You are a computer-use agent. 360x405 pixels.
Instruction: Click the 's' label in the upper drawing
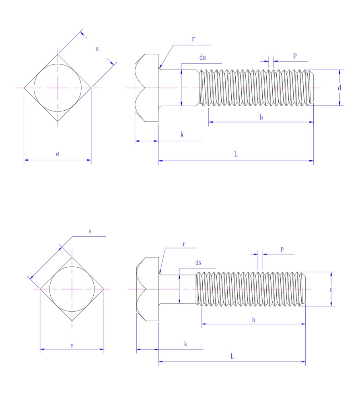tap(97, 49)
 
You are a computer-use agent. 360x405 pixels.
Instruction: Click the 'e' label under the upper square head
tap(58, 154)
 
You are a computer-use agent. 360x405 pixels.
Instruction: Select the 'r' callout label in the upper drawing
tap(193, 39)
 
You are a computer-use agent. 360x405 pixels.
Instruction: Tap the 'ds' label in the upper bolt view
tap(203, 58)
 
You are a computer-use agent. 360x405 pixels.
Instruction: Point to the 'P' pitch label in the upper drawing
tap(295, 56)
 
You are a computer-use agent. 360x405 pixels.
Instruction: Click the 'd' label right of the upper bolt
tap(339, 88)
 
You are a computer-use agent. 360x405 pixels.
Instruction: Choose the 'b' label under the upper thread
tap(261, 117)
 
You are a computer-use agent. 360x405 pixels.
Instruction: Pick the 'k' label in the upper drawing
tap(182, 135)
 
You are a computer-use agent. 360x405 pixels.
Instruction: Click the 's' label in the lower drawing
tap(90, 231)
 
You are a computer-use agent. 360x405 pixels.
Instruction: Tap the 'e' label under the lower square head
tap(72, 345)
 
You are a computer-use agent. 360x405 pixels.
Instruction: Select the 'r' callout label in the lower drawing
tap(184, 244)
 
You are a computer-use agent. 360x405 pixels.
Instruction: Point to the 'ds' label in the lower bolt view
tap(198, 263)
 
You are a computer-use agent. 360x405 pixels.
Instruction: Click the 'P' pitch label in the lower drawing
tap(282, 250)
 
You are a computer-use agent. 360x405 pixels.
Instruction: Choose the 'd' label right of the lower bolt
tap(331, 289)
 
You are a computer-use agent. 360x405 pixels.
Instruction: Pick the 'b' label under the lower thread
tap(253, 319)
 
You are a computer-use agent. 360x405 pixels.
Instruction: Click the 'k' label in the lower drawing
tap(185, 344)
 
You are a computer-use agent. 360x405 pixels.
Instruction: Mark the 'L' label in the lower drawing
tap(232, 356)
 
